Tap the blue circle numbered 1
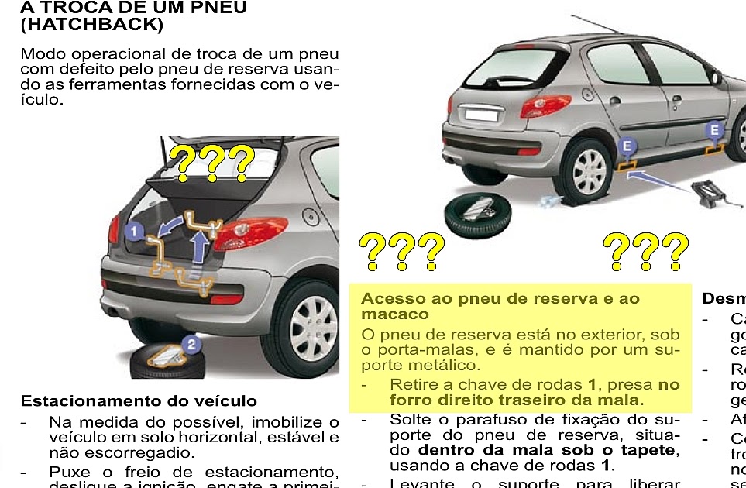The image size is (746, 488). [133, 230]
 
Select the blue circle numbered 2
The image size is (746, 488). [191, 343]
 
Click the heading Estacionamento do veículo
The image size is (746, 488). [139, 401]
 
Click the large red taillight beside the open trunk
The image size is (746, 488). [249, 232]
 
